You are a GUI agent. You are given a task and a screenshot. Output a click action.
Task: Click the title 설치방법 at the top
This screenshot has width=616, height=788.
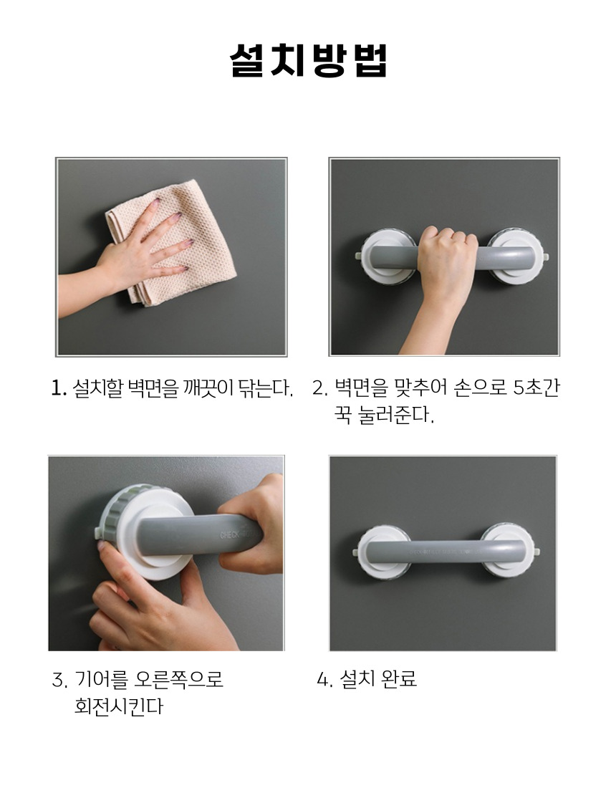point(308,61)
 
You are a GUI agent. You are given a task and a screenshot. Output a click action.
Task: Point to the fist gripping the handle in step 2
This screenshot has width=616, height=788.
point(446,261)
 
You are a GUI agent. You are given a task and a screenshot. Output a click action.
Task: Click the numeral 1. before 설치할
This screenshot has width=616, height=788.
point(59,388)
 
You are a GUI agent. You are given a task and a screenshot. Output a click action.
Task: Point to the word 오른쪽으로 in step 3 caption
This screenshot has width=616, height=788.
point(179,679)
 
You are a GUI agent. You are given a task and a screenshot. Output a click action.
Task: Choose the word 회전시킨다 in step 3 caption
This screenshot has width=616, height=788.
point(119,706)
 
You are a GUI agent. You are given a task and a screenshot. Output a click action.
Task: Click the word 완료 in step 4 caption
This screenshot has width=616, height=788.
point(399,679)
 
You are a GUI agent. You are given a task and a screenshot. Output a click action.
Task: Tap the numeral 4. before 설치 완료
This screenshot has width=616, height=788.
point(324,679)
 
